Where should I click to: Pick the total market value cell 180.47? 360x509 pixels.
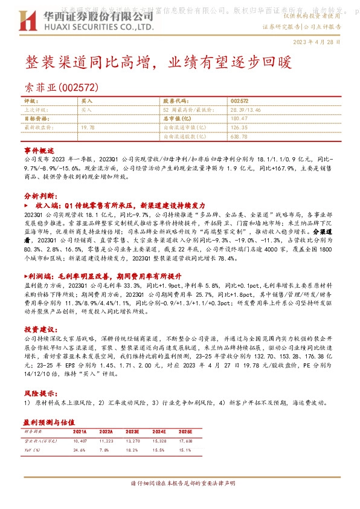tap(239, 119)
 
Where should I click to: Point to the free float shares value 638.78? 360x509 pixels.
tap(239, 137)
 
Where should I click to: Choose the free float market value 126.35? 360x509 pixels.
tap(239, 128)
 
